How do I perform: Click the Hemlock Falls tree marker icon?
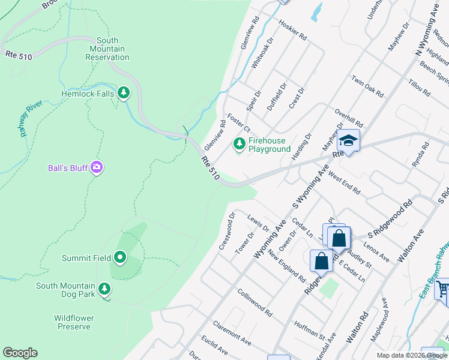(124, 93)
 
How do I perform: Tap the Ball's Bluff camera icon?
(96, 167)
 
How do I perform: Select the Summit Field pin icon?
(120, 258)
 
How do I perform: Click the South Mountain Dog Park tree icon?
(104, 289)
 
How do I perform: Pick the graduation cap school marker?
(348, 141)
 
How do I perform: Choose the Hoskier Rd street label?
(293, 29)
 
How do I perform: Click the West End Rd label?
(345, 184)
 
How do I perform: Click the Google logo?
(20, 353)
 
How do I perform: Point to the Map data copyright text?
(412, 355)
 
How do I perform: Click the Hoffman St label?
(310, 331)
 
